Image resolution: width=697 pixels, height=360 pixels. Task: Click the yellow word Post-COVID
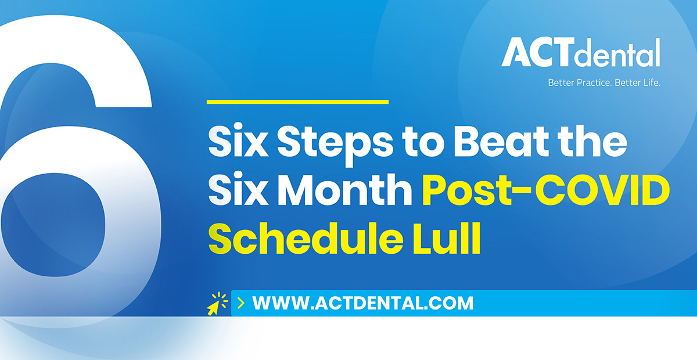point(546,190)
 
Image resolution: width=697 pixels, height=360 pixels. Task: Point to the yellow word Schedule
point(306,238)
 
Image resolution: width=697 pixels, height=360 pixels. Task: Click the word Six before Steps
point(238,141)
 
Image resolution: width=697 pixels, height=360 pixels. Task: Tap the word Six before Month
point(238,189)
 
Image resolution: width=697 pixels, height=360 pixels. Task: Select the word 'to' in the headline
point(423,143)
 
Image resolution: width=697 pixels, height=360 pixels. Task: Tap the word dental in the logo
point(617,53)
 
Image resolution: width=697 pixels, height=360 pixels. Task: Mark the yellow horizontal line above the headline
point(298,102)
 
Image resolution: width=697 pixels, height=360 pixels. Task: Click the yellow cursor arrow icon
point(217,304)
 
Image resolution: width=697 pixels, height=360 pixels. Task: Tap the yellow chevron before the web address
point(241,303)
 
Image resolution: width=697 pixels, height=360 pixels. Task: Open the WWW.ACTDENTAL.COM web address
point(363,303)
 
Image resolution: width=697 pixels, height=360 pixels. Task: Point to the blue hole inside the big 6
point(53,224)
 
